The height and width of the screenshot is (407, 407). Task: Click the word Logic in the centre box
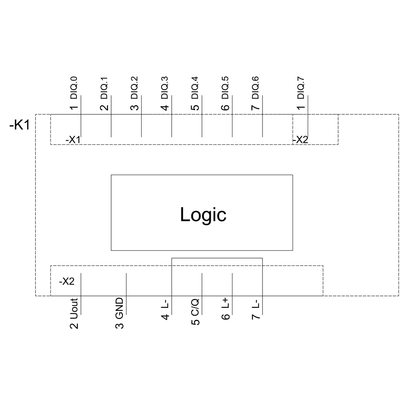(203, 214)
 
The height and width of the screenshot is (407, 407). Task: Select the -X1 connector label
(73, 140)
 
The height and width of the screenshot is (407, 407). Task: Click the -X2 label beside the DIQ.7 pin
(300, 140)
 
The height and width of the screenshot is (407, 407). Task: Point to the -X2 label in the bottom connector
(67, 281)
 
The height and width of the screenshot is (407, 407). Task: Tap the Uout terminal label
(74, 309)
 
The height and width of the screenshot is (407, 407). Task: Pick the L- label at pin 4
(165, 304)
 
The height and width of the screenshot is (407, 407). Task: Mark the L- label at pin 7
(256, 304)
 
